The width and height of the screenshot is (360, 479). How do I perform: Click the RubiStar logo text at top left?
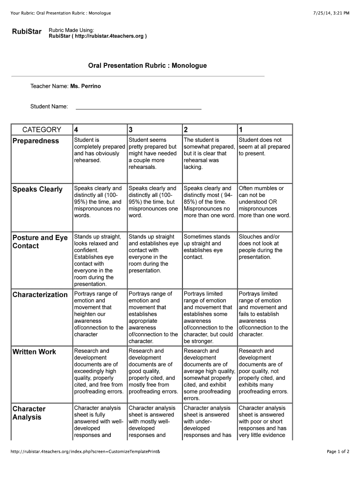coord(26,32)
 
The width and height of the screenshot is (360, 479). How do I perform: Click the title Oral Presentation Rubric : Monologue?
coord(147,66)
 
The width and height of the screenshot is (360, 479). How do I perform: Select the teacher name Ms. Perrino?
coord(86,86)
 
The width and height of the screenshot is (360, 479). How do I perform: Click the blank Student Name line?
coord(138,107)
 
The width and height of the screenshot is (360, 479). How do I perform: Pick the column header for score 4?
coord(76,130)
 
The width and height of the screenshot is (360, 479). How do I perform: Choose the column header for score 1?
coord(241,130)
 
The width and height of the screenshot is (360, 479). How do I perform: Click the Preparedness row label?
coord(36,141)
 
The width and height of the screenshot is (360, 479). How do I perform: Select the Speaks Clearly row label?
coord(37,189)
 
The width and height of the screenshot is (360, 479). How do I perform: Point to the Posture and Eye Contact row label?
coord(40,242)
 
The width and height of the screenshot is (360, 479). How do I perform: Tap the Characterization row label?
coord(40,295)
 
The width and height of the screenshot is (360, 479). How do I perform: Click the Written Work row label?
coord(34,352)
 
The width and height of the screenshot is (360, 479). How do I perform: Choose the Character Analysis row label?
coord(29,413)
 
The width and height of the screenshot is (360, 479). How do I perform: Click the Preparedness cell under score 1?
coord(264,147)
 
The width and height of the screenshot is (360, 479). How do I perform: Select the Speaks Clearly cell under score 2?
coord(209,202)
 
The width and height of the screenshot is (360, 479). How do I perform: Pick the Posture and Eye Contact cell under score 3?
coord(153,254)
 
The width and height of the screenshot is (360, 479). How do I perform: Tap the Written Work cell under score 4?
coord(99,371)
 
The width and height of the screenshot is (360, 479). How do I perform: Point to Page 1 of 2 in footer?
coord(338,451)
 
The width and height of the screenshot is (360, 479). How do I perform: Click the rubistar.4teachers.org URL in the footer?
coord(86,451)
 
